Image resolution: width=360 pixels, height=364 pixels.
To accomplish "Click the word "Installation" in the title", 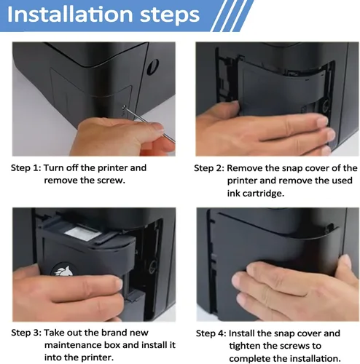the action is (x=71, y=15).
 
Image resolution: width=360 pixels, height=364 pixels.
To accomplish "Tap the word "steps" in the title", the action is (x=170, y=16).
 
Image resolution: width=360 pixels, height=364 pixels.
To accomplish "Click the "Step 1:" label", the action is (x=26, y=168).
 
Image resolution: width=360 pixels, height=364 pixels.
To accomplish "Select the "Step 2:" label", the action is (x=209, y=168).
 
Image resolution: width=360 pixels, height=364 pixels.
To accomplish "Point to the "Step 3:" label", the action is (x=26, y=333).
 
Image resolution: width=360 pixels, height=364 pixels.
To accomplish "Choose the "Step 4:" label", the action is (x=211, y=333).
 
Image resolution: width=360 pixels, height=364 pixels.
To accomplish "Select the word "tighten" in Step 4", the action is (x=246, y=346).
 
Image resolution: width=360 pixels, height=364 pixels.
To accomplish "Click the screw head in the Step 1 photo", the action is (x=125, y=107).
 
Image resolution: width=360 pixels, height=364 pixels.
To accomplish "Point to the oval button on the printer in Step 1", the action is (x=154, y=66).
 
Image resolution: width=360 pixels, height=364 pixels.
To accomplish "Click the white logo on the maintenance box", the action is (x=63, y=270).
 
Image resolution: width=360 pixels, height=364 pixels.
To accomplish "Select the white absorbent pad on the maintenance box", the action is (x=83, y=233).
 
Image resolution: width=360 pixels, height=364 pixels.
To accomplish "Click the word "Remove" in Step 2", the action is (x=245, y=168).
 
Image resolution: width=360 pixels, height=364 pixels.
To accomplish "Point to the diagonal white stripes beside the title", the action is (x=232, y=16).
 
